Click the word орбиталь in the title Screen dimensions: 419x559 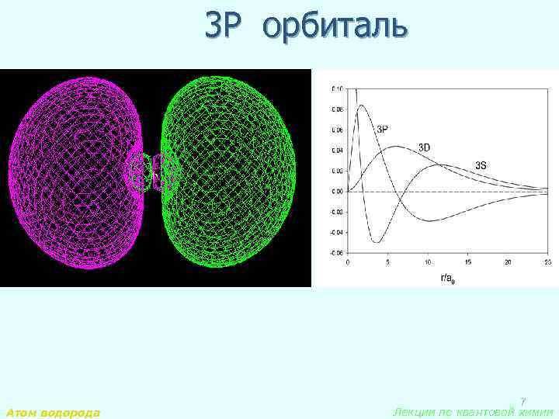coord(335,26)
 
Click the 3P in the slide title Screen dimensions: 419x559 coord(225,26)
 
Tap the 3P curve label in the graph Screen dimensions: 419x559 coord(384,130)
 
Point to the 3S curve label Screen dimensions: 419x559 coord(481,165)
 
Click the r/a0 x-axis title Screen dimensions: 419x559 coord(446,276)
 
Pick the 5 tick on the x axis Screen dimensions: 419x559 coord(387,263)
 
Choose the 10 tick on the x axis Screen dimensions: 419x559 coord(427,263)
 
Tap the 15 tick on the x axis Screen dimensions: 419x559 coord(467,263)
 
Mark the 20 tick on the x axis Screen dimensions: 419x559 coord(508,263)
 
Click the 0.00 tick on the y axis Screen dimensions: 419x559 coord(336,192)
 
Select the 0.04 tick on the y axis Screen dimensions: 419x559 coord(336,151)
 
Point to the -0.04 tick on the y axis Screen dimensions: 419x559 coord(335,233)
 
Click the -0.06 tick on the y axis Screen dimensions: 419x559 coord(335,253)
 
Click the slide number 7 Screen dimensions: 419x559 coord(523,401)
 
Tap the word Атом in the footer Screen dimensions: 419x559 coord(22,413)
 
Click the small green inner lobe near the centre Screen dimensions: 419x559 coord(163,171)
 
